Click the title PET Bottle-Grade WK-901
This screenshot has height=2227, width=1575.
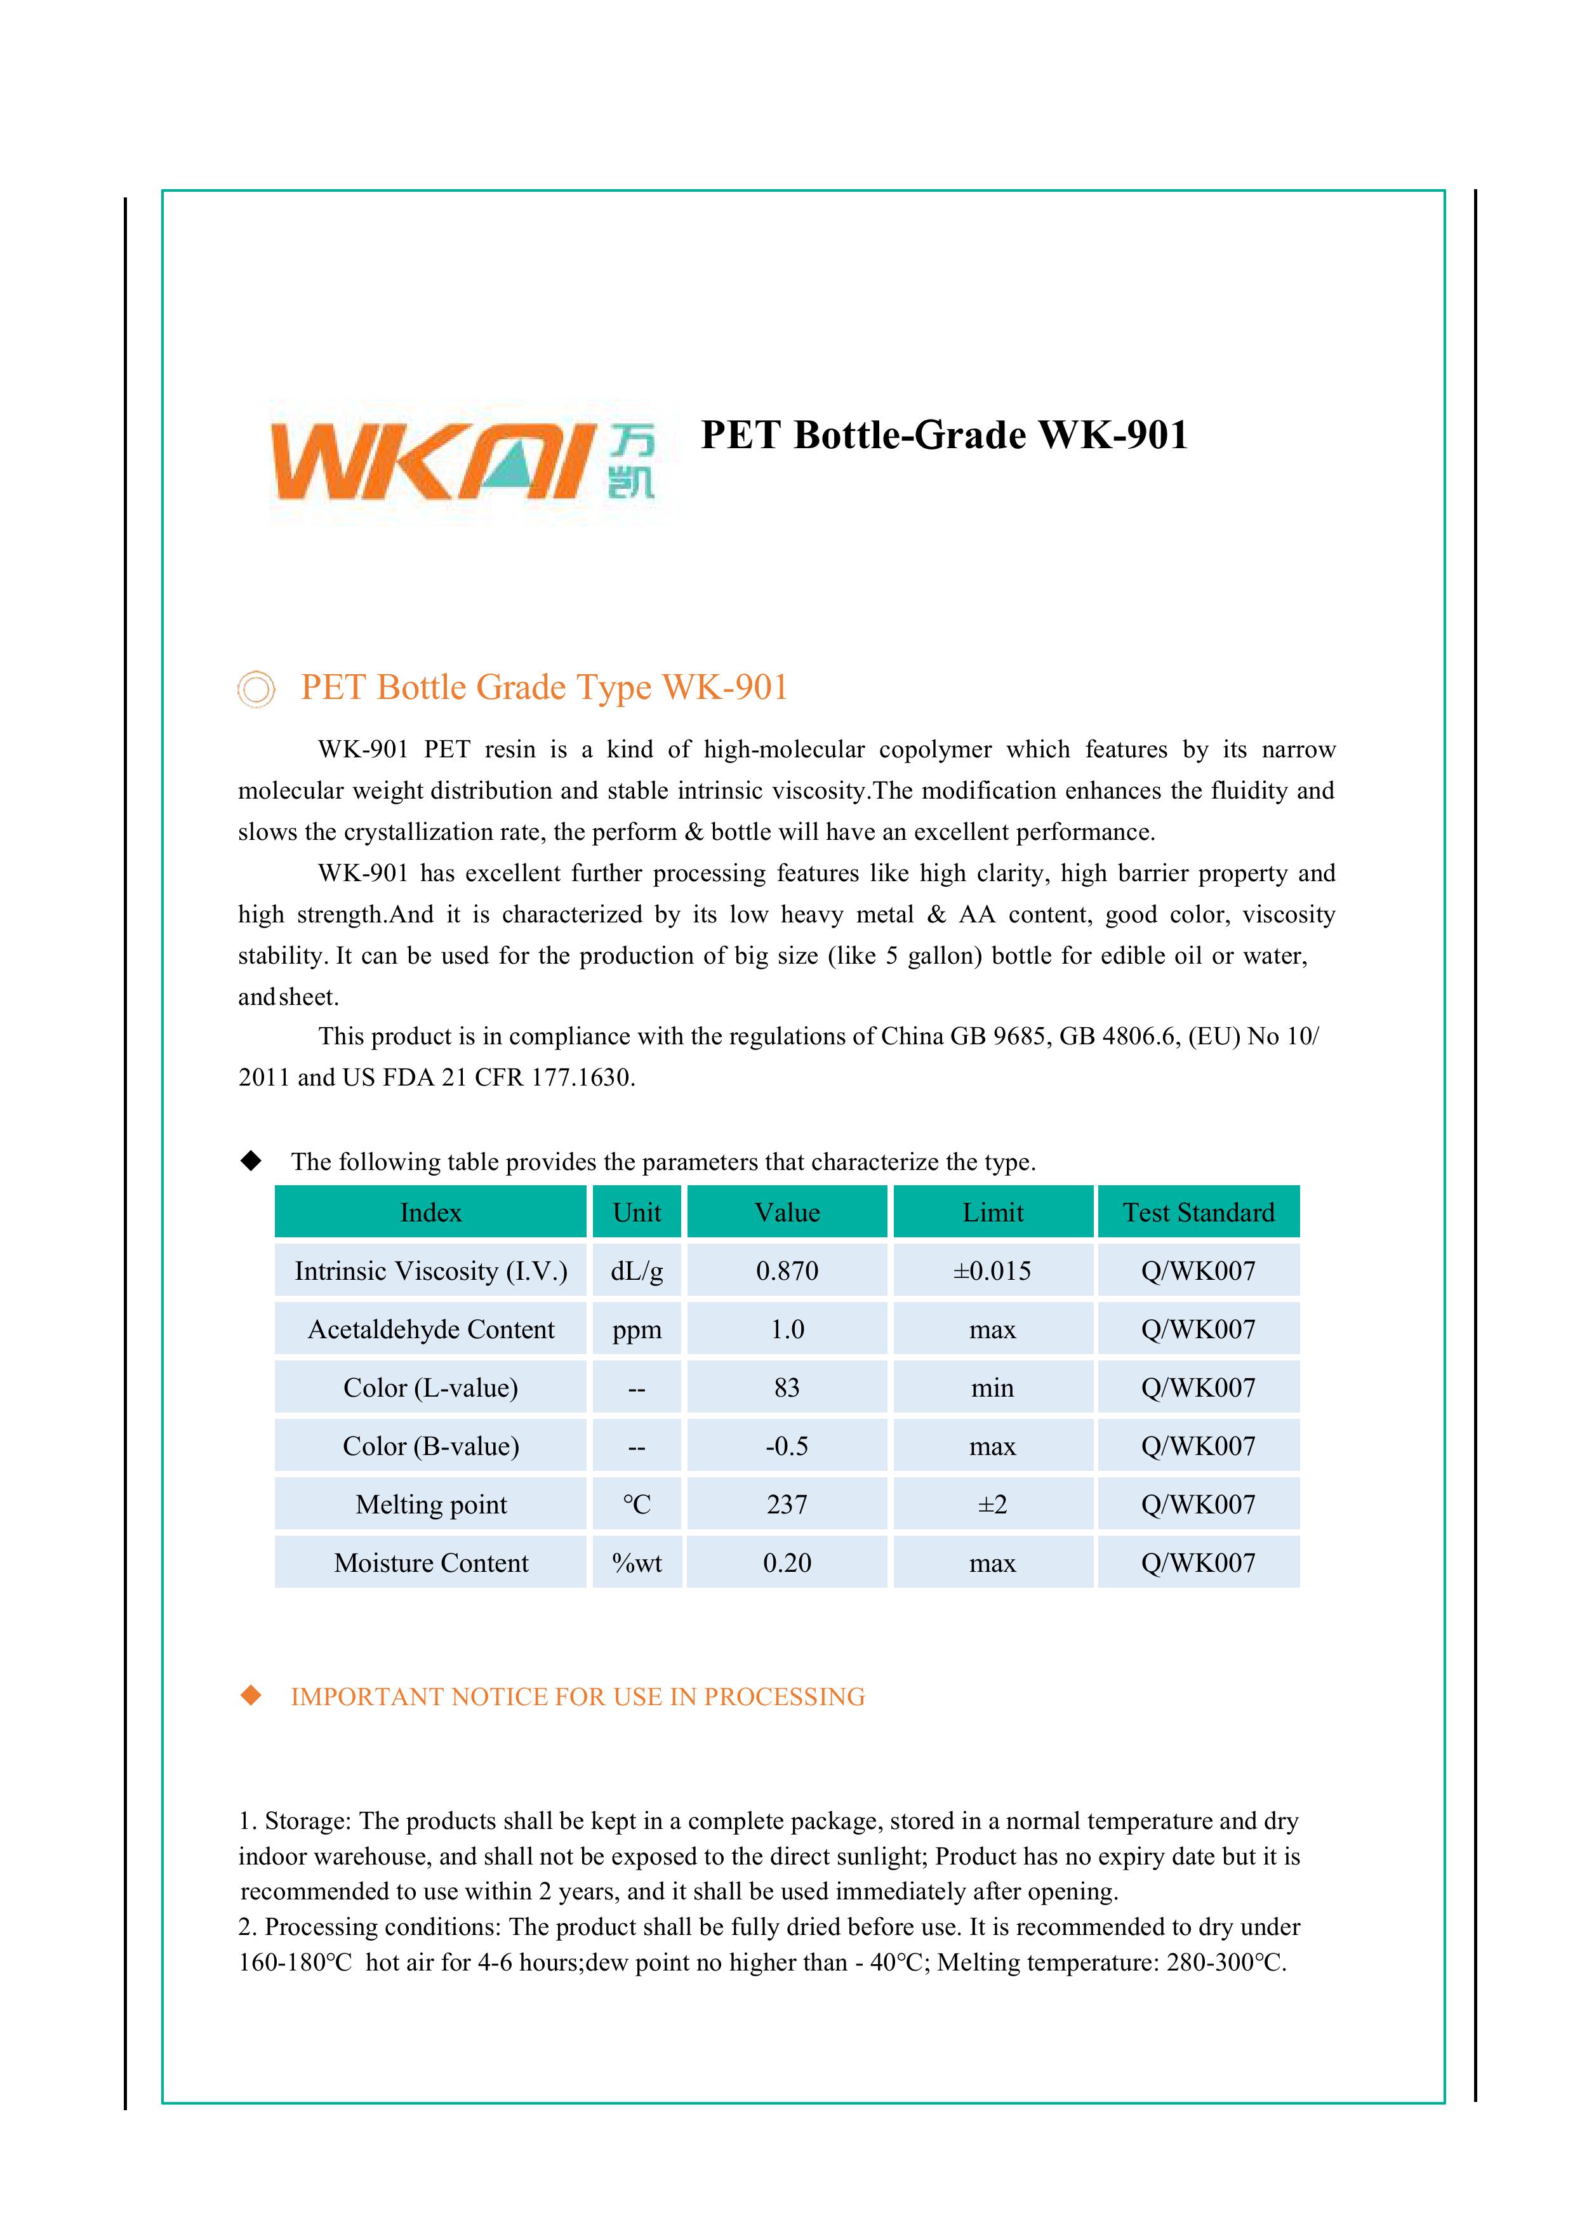(943, 434)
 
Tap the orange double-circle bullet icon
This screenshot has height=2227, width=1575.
(256, 689)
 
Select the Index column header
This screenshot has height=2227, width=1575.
(430, 1213)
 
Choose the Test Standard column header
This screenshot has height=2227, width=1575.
(1198, 1213)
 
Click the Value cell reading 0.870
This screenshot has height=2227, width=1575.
(787, 1271)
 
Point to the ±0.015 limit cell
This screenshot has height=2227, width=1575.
(992, 1271)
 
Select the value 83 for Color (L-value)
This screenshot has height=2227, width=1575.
(787, 1388)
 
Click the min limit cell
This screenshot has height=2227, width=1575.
(992, 1388)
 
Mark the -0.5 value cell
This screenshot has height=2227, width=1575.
(787, 1446)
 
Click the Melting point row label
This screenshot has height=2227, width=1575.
(430, 1505)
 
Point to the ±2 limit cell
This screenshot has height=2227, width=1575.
(992, 1505)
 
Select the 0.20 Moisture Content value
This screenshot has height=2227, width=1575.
(787, 1562)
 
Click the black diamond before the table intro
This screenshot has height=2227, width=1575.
(251, 1161)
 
